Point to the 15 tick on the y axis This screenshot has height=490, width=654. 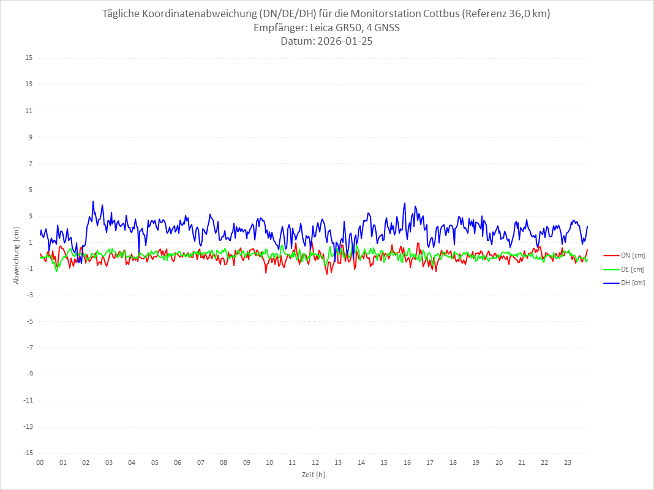pyautogui.click(x=29, y=58)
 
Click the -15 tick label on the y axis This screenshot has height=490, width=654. pyautogui.click(x=28, y=453)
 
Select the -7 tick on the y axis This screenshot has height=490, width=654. pyautogui.click(x=29, y=347)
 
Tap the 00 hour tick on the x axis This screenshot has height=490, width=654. pyautogui.click(x=40, y=462)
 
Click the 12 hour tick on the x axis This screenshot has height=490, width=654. pyautogui.click(x=315, y=462)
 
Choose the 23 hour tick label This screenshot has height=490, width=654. pyautogui.click(x=568, y=462)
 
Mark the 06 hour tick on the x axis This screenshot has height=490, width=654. pyautogui.click(x=178, y=462)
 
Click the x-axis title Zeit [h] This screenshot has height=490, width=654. pyautogui.click(x=314, y=474)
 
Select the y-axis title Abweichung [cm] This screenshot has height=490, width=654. pyautogui.click(x=17, y=255)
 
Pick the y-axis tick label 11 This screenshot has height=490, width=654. pyautogui.click(x=29, y=111)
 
